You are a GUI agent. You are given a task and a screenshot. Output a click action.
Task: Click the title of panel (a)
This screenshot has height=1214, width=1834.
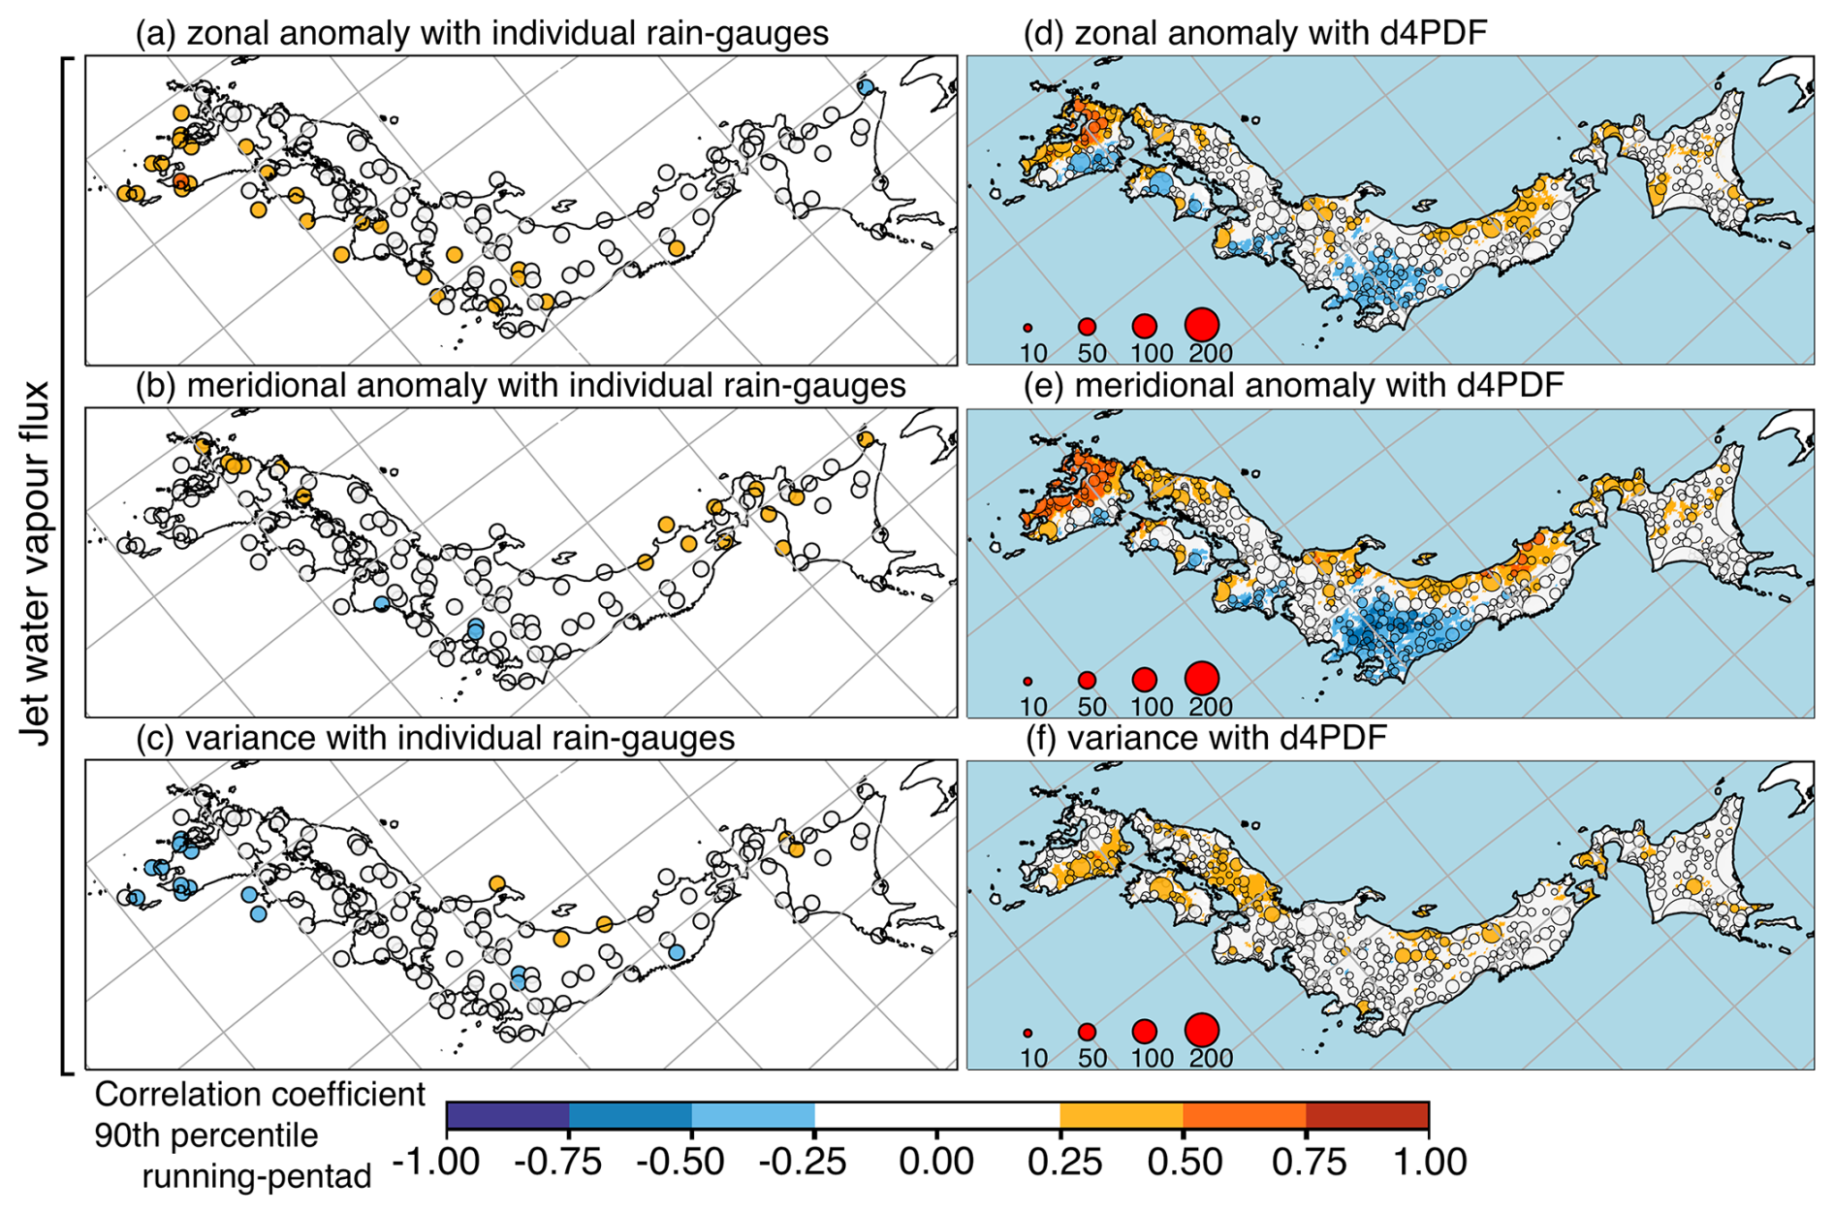482,34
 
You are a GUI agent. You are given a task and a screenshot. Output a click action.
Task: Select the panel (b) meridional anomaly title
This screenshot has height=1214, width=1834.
521,386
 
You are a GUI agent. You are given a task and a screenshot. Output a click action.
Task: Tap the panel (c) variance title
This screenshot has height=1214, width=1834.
435,739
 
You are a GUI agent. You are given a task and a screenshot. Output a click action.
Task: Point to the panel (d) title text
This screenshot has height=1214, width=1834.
1255,34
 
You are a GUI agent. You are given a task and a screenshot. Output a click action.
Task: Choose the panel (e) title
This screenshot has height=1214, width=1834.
1293,386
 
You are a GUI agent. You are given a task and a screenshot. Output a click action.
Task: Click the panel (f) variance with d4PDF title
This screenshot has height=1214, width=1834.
1206,739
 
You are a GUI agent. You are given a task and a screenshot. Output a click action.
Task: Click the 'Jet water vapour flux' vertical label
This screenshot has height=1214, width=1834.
36,563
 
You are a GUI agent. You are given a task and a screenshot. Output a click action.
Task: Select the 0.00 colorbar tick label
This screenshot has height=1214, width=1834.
936,1161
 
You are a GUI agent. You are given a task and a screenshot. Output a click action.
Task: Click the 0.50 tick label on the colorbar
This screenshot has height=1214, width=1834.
1184,1161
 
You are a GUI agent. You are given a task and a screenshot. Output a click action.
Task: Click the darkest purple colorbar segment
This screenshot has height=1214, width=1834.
508,1116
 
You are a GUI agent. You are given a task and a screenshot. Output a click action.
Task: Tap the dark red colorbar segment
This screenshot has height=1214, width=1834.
1367,1116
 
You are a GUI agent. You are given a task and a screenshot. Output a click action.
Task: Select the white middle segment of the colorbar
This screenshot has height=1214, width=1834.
936,1116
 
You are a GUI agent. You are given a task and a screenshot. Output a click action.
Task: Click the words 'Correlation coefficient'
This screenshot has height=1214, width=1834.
260,1095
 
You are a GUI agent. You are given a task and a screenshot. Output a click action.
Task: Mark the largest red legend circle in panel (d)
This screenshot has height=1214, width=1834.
1202,325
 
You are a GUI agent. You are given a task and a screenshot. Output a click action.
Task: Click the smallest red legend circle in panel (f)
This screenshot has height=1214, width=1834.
1028,1034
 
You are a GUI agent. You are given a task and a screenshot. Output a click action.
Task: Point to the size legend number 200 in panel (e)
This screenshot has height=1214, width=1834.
1211,707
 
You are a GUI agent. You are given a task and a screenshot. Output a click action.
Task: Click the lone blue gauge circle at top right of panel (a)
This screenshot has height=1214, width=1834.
867,86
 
